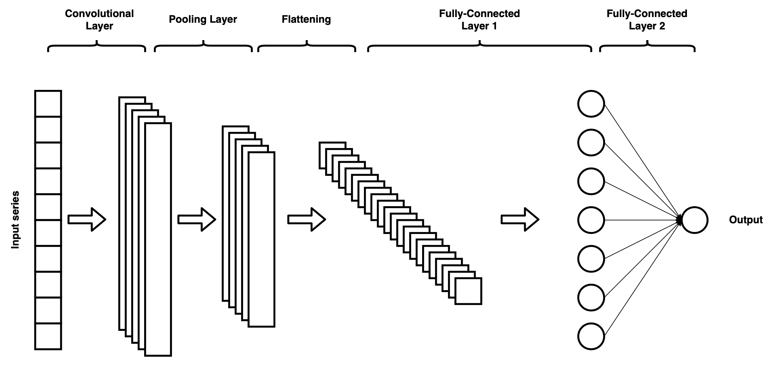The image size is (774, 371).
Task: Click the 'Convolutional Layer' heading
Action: pos(99,20)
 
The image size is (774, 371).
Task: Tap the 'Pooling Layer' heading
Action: pos(203,19)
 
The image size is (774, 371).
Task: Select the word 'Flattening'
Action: pos(306,19)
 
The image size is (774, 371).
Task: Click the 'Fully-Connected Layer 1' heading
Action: pos(479,20)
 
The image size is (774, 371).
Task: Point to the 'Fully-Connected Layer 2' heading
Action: pos(647,20)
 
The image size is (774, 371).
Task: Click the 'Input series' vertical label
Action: pos(15,220)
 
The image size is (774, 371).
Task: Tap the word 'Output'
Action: pos(746,220)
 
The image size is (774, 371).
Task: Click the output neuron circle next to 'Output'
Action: pos(694,220)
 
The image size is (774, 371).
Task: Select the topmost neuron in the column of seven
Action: pos(591,104)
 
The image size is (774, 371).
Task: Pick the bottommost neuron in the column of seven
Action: pos(591,336)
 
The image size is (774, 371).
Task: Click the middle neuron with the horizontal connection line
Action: pos(591,220)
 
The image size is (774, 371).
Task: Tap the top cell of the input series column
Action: pos(48,104)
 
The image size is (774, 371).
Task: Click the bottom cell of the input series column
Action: pos(48,336)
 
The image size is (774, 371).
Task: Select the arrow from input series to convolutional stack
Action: pos(87,220)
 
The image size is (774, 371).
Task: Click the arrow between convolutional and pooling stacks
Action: pos(197,220)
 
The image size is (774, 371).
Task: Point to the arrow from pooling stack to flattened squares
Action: pos(306,220)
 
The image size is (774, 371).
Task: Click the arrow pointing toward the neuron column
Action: pos(520,220)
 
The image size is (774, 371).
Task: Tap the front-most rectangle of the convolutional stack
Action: pos(158,239)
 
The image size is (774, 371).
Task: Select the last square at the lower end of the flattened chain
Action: pos(468,291)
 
